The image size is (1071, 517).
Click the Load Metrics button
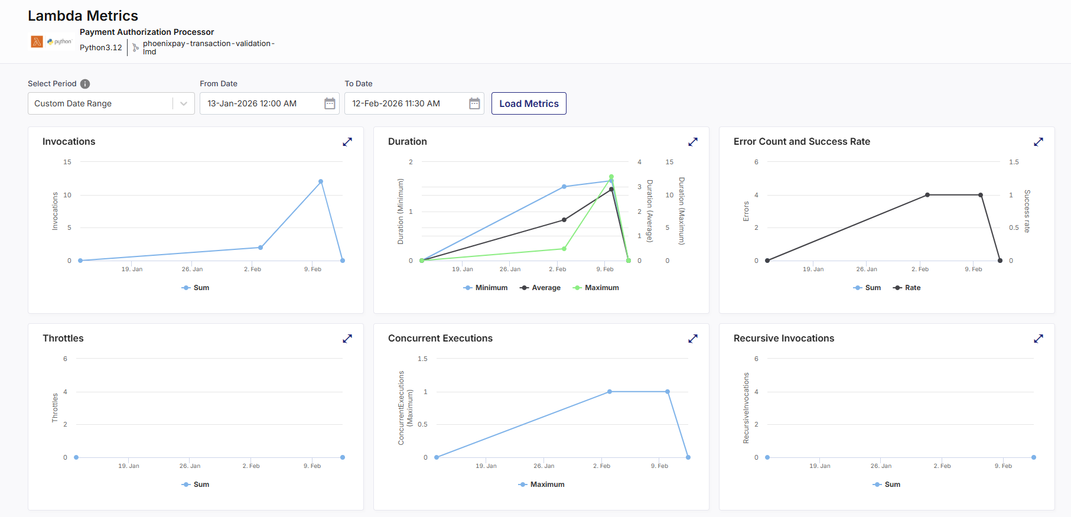(x=529, y=103)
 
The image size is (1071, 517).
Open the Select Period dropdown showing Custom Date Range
(x=111, y=103)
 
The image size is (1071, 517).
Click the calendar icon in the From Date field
(x=330, y=103)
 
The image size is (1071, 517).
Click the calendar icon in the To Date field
(x=474, y=103)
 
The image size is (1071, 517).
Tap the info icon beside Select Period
(x=85, y=84)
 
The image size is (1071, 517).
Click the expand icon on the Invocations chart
(x=347, y=142)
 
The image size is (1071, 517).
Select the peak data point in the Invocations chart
(x=321, y=181)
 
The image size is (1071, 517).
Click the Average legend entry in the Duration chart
(x=540, y=288)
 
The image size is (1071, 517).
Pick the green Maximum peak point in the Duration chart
(x=611, y=177)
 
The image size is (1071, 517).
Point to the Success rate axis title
(x=1027, y=211)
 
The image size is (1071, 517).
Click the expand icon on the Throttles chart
(x=347, y=339)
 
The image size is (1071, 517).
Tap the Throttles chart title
(x=63, y=339)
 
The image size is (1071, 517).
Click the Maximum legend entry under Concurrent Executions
(x=542, y=485)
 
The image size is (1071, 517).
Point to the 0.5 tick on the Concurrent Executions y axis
(x=422, y=424)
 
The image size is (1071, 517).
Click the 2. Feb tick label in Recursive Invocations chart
(x=942, y=466)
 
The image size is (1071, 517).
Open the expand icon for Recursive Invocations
(x=1039, y=339)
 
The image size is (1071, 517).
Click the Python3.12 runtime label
(x=101, y=48)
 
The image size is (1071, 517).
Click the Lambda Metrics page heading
(x=83, y=16)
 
